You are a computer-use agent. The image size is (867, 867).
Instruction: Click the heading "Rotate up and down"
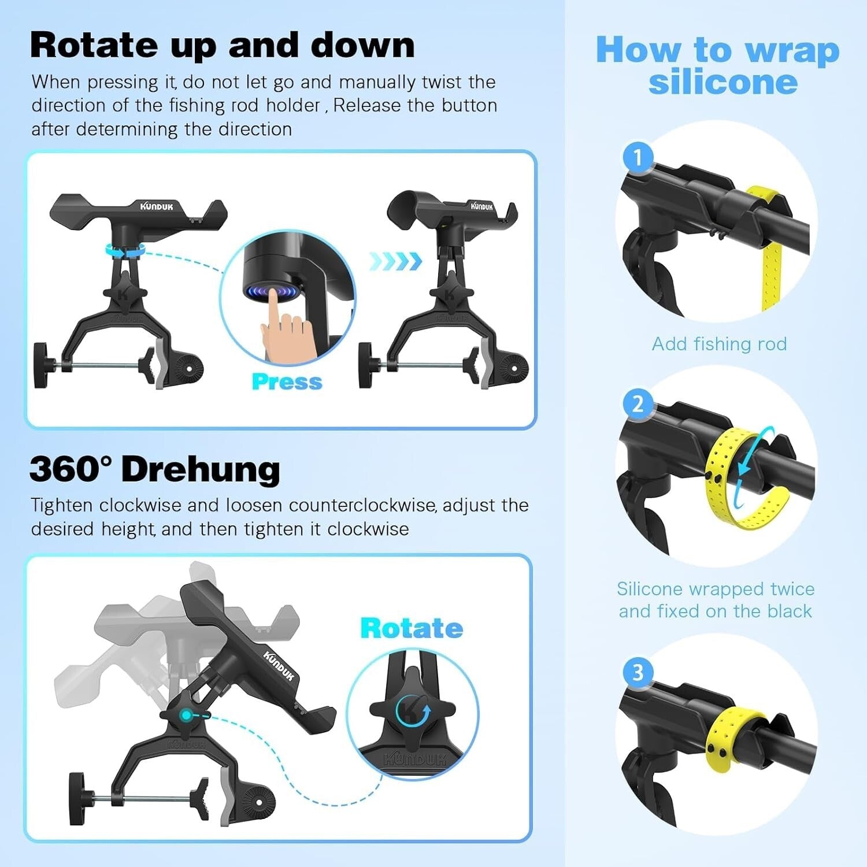[222, 45]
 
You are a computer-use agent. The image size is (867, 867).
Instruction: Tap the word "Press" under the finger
[287, 382]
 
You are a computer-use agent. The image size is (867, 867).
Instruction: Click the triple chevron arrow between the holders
[396, 261]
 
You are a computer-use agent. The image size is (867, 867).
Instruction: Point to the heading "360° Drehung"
[155, 469]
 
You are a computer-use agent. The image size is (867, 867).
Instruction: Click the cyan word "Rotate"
[411, 628]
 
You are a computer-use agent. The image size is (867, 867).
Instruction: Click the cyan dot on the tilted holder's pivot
[186, 715]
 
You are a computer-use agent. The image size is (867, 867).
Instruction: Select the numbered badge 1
[638, 157]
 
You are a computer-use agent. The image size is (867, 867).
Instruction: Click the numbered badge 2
[638, 403]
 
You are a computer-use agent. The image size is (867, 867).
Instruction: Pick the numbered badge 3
[638, 672]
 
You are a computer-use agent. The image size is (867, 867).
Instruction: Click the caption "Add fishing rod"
[719, 344]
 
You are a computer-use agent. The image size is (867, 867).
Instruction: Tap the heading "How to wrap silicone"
[718, 65]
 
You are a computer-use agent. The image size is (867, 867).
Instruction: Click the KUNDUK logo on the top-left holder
[156, 206]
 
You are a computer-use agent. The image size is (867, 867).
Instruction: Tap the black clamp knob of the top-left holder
[42, 365]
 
